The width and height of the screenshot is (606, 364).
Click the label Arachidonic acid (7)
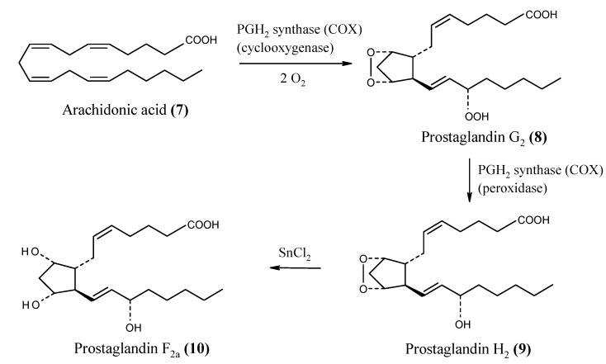[125, 110]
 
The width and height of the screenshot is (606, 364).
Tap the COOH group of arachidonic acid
[201, 40]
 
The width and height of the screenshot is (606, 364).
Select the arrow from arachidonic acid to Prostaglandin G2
[296, 64]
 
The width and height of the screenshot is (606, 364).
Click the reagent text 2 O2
[292, 79]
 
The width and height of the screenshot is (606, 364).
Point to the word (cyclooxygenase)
[285, 48]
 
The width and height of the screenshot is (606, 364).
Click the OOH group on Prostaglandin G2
[476, 116]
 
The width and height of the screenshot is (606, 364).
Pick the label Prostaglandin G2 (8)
[484, 137]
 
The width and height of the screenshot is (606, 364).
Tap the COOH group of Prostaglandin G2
[541, 15]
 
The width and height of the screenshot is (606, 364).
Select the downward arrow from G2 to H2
[470, 180]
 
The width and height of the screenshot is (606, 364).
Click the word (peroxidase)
[513, 188]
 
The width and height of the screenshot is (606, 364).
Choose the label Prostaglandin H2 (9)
[468, 349]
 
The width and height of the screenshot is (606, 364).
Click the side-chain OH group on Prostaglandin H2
[462, 324]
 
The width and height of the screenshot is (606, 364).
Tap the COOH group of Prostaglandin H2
[533, 220]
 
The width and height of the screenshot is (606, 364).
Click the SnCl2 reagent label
[295, 253]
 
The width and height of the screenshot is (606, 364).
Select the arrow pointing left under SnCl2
[296, 267]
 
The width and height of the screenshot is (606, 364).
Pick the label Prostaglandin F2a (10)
[141, 348]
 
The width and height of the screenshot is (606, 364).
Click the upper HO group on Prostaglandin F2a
[31, 252]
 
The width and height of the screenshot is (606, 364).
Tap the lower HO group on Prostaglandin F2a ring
[31, 305]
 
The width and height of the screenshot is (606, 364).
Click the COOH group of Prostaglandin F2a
[203, 225]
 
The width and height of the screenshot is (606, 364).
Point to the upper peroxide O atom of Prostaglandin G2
[371, 53]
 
